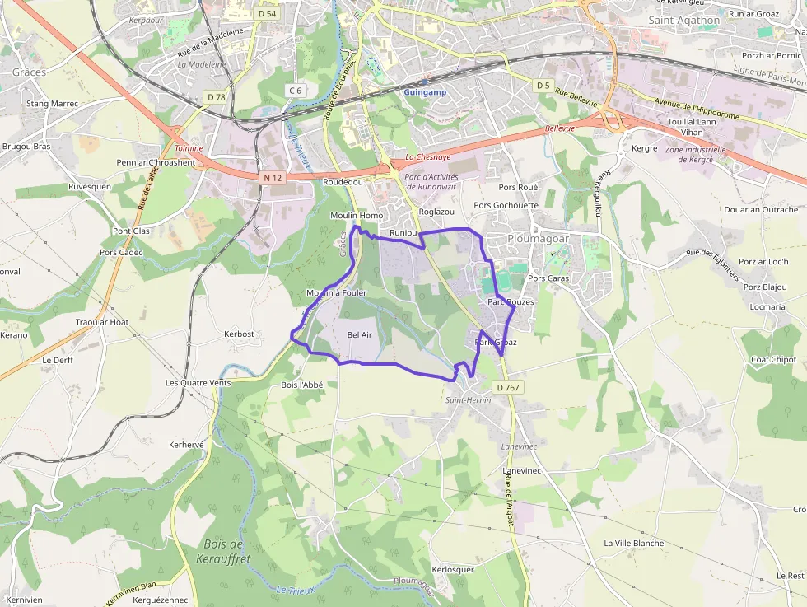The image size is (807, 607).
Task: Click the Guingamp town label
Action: [x=425, y=92]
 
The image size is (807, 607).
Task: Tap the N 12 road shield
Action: [x=273, y=178]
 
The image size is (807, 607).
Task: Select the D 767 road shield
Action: [x=507, y=387]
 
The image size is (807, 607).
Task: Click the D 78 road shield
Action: [x=217, y=97]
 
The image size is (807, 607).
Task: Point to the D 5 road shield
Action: [x=542, y=86]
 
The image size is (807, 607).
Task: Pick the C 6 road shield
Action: [x=296, y=90]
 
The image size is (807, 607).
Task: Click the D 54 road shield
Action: [x=266, y=13]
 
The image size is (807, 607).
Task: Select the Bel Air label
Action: [x=360, y=334]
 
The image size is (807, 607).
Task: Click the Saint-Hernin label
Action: [x=468, y=400]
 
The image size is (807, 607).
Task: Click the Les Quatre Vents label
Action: [x=198, y=383]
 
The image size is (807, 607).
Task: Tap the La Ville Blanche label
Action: [x=633, y=544]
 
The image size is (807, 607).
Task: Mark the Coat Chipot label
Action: [x=772, y=360]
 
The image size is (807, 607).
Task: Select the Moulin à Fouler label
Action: [x=336, y=293]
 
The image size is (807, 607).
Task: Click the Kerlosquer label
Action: [x=453, y=569]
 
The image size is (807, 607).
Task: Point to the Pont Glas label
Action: [x=131, y=231]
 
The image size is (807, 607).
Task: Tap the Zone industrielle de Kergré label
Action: [x=695, y=154]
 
